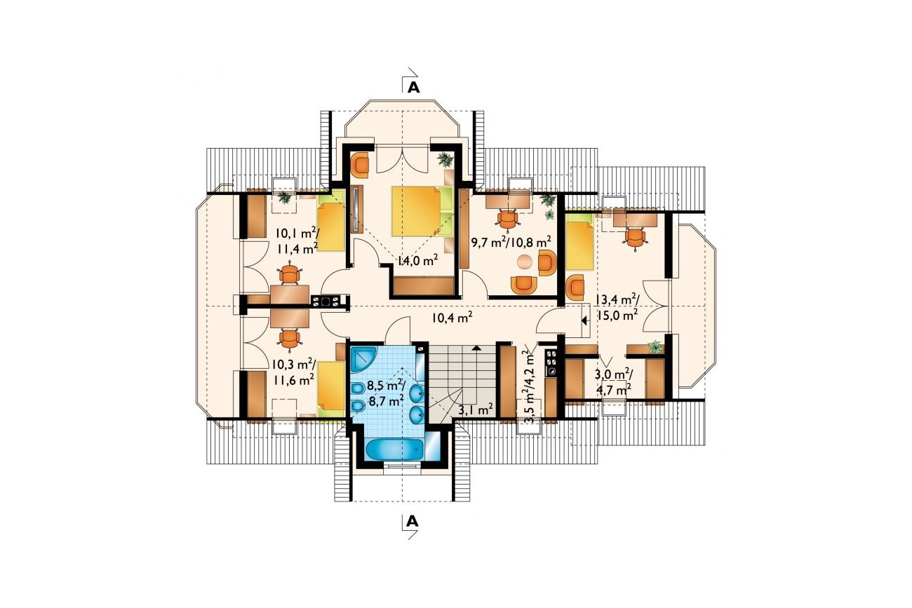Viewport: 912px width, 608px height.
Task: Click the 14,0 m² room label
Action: coord(418,260)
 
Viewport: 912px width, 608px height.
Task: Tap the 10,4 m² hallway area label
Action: coord(452,317)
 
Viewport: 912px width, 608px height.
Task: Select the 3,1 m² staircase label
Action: coord(476,409)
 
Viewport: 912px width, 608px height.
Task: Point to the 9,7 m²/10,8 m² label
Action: coord(511,242)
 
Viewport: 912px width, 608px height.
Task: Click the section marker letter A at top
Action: coord(414,88)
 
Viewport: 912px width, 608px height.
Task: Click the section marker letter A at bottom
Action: coord(413,521)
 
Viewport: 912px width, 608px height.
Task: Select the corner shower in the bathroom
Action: coord(363,359)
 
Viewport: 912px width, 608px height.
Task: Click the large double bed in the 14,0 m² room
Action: coord(422,211)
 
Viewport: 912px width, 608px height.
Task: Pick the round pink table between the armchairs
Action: coord(525,262)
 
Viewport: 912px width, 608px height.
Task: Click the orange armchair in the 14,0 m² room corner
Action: coord(360,165)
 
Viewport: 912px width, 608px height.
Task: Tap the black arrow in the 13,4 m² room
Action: coord(584,320)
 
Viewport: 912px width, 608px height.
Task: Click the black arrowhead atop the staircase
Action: coord(476,348)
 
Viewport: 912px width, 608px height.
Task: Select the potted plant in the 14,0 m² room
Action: coord(445,159)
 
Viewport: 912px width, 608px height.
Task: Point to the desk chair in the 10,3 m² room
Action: coord(290,338)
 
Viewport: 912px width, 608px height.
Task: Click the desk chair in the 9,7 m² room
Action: coord(508,219)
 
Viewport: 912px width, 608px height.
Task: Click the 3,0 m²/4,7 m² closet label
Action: coord(613,381)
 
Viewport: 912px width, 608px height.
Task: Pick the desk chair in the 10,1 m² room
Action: coord(290,274)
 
